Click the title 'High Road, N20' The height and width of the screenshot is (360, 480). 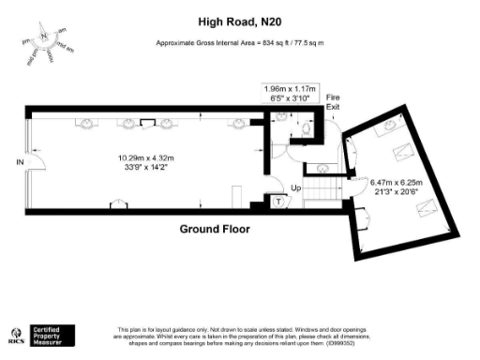[240, 20]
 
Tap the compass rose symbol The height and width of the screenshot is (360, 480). [42, 40]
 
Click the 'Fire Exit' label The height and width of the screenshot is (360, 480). [333, 102]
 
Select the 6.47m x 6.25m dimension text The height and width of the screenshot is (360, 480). [397, 187]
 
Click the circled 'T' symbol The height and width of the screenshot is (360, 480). [278, 200]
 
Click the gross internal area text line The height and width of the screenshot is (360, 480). [240, 44]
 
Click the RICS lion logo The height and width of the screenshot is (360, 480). [16, 334]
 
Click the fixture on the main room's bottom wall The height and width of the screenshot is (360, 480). [119, 204]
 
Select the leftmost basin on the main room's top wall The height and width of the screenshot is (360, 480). [84, 121]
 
